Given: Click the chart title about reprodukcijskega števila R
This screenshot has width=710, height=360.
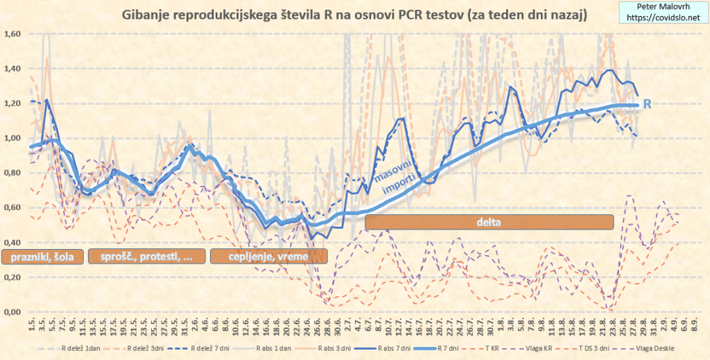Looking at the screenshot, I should point(354,15).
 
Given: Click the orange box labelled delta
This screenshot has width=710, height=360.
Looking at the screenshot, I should point(489,222).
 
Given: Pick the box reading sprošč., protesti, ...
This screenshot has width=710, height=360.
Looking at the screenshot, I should point(147,256).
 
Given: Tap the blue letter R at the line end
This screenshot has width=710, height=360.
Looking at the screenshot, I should point(648,105).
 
